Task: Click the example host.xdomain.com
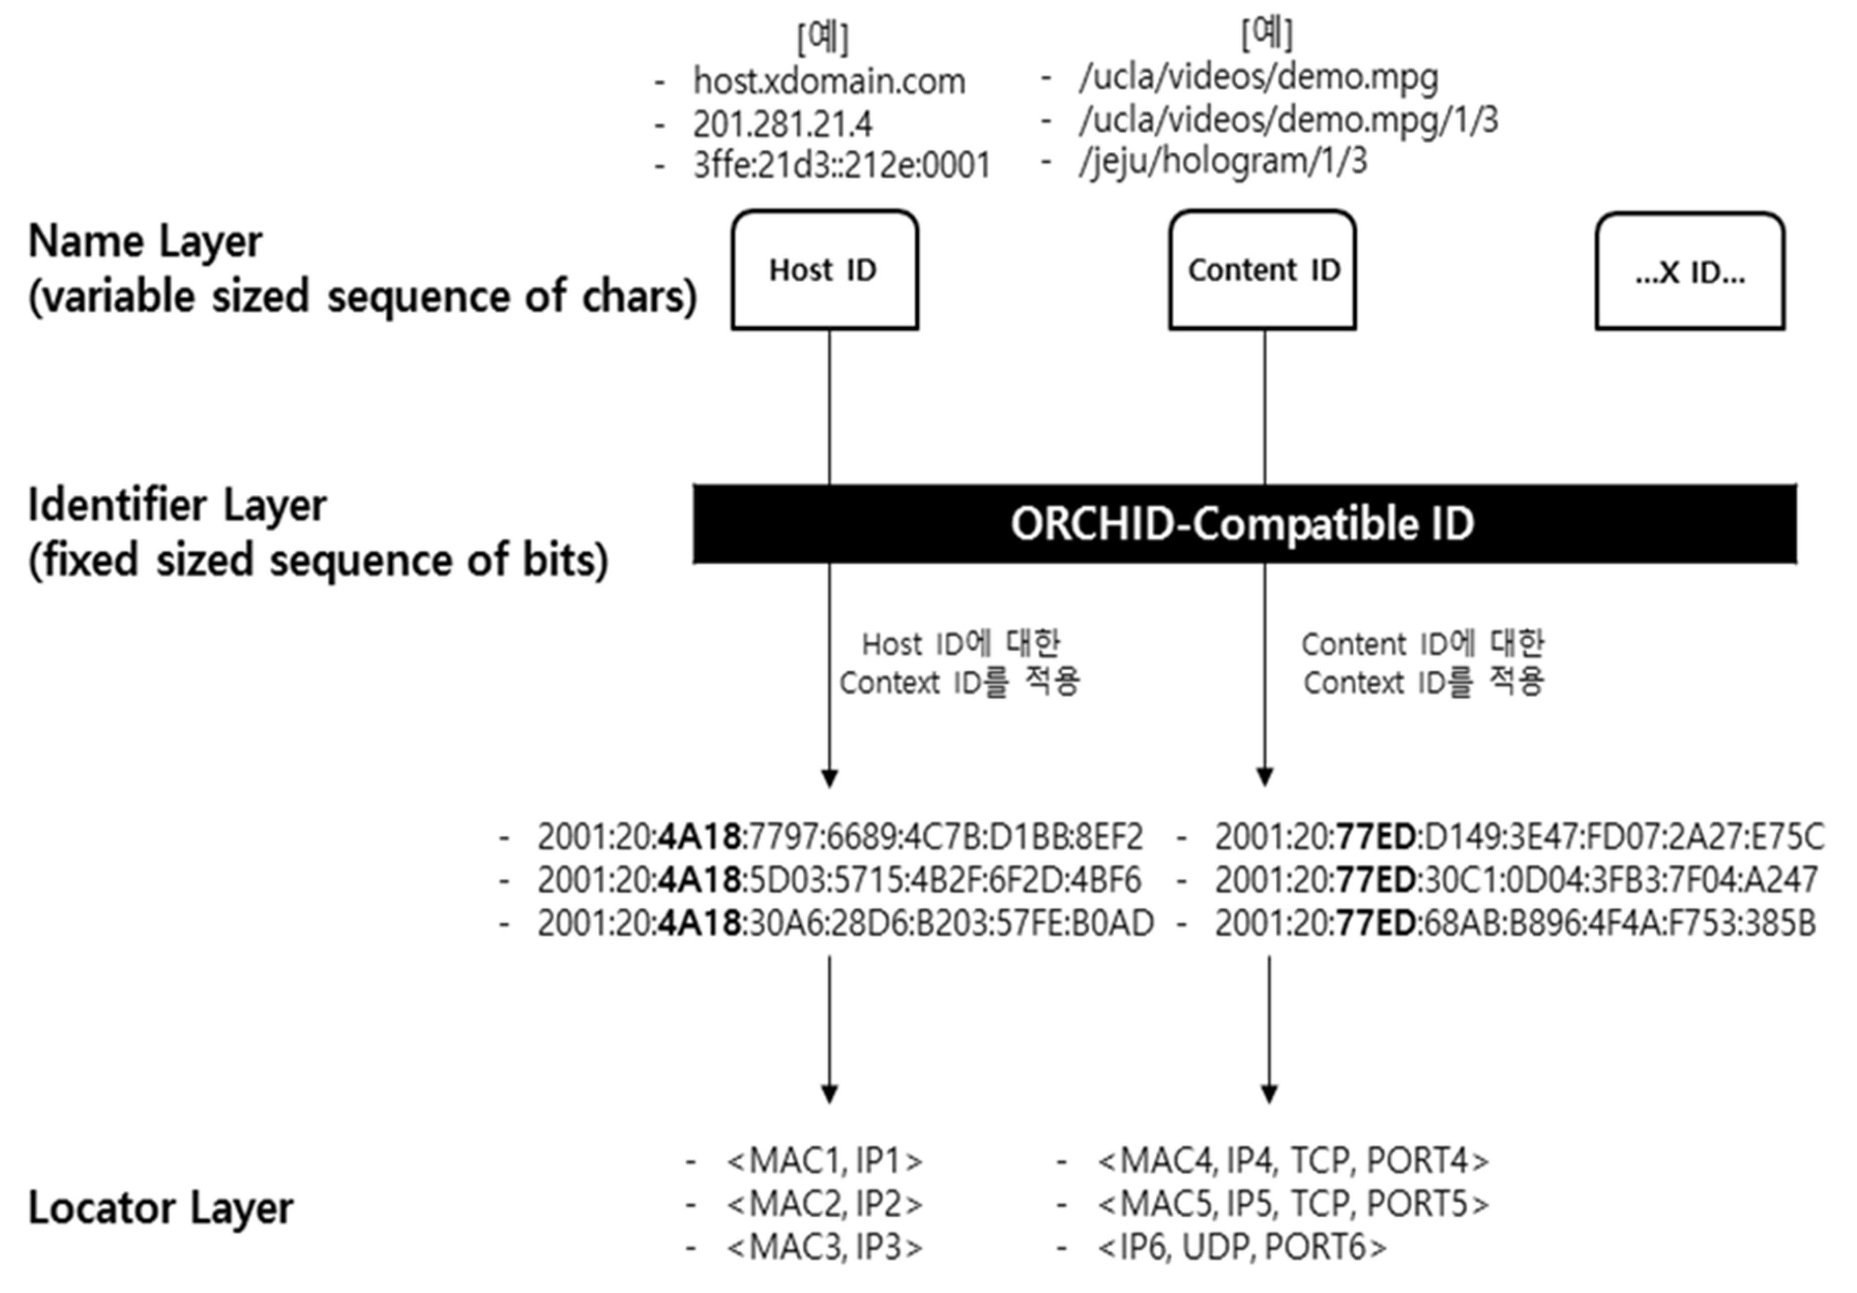tap(829, 81)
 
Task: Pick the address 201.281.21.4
tap(782, 124)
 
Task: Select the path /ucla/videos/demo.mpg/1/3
tap(1288, 119)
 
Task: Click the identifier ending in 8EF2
tap(840, 837)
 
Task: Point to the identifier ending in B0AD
tap(845, 923)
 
